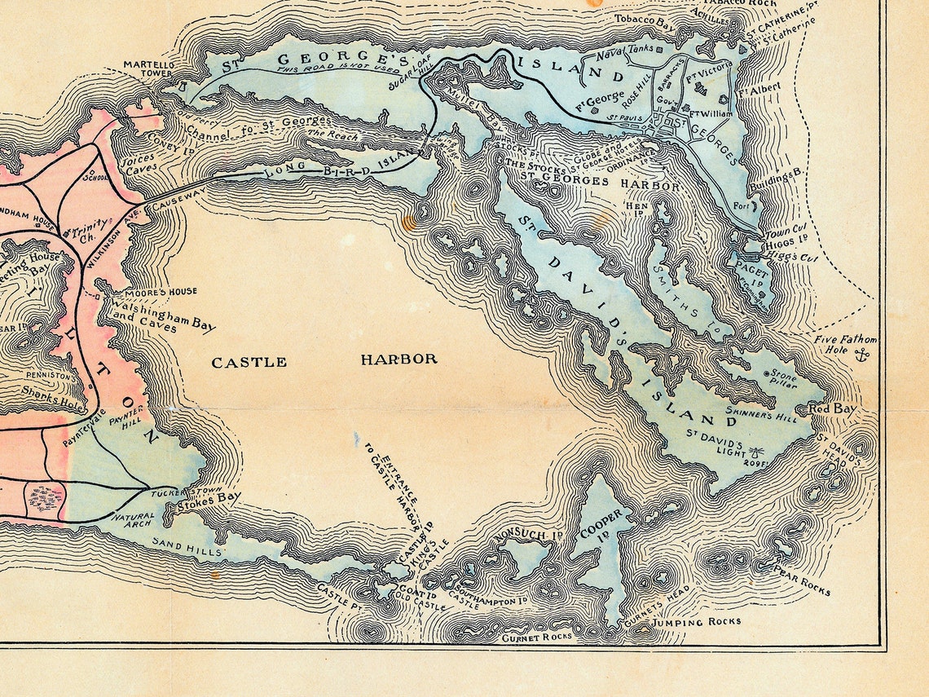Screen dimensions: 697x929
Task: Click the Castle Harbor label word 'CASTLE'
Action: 249,362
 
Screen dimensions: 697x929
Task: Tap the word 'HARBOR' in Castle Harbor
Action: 398,359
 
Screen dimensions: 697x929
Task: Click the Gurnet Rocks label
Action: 537,637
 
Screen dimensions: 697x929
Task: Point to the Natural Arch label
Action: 133,521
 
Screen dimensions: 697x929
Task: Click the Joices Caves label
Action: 138,165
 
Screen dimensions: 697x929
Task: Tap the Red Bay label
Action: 831,408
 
